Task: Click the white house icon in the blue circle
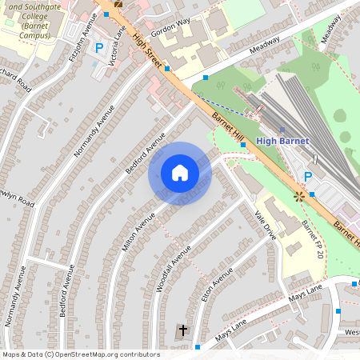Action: tap(180, 173)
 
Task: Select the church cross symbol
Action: tap(182, 330)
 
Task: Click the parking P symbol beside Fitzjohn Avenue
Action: tap(99, 48)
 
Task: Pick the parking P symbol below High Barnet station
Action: tap(308, 176)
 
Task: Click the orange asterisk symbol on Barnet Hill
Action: tap(299, 194)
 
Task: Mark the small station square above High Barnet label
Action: tap(282, 128)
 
